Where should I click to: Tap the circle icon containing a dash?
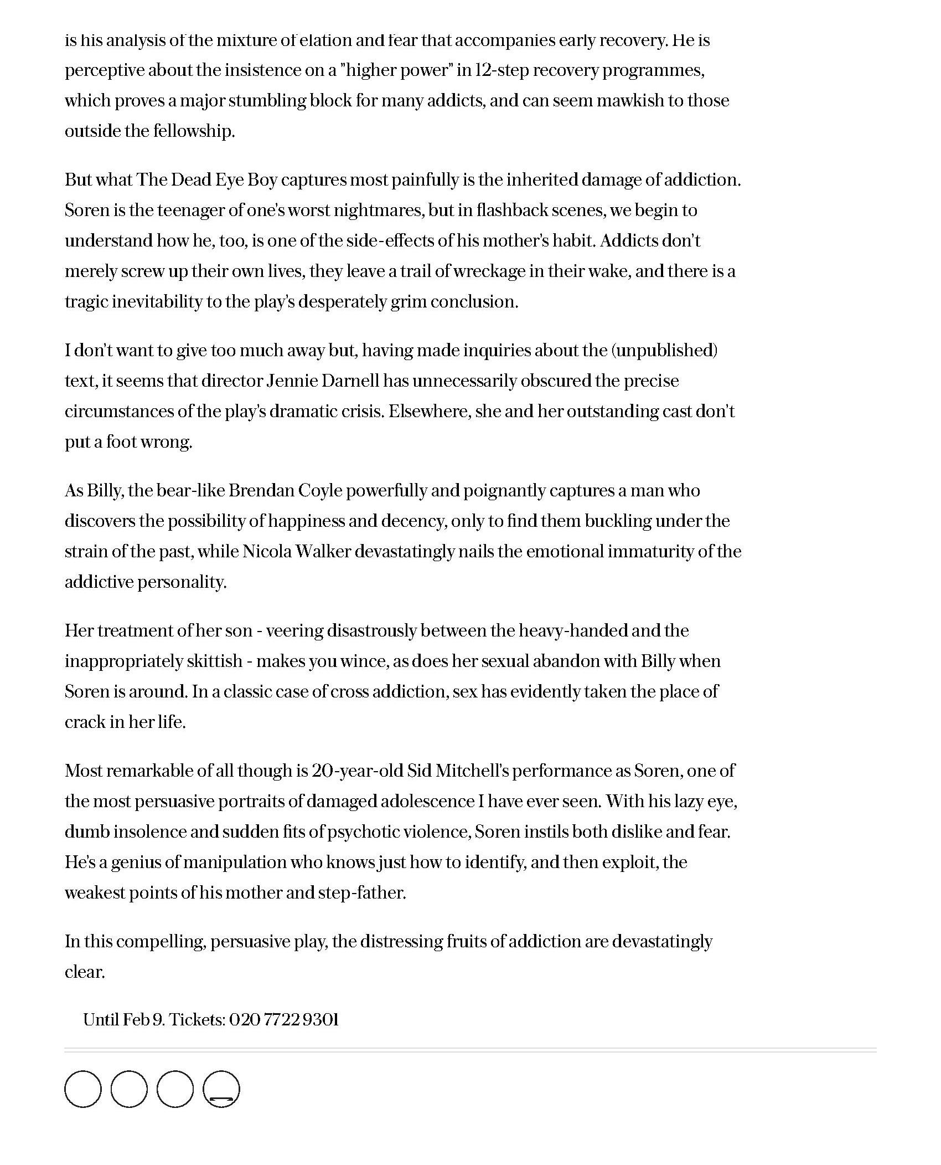[x=221, y=1089]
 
